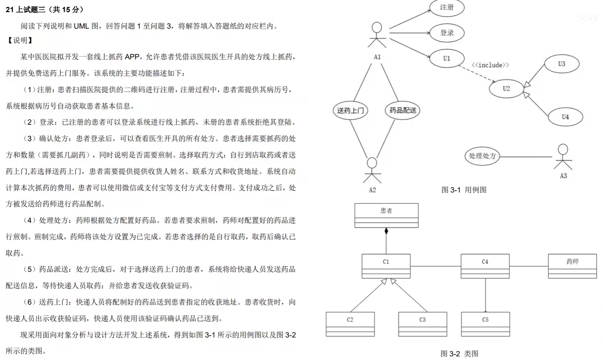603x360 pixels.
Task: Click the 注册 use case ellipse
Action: pyautogui.click(x=447, y=7)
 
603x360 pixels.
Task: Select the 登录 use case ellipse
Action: pyautogui.click(x=447, y=33)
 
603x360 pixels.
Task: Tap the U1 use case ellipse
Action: pyautogui.click(x=447, y=59)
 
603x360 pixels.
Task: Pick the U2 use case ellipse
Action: pyautogui.click(x=506, y=88)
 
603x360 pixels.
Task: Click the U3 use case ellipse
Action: pyautogui.click(x=561, y=64)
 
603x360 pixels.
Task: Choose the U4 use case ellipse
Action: pyautogui.click(x=565, y=117)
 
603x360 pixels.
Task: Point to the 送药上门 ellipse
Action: pyautogui.click(x=350, y=110)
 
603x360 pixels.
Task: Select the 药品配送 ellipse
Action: pyautogui.click(x=403, y=110)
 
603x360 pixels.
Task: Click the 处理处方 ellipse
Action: pyautogui.click(x=482, y=156)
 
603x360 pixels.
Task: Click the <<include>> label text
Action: pyautogui.click(x=490, y=65)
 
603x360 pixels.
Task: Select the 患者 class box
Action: pyautogui.click(x=386, y=215)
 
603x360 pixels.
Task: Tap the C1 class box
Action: pyautogui.click(x=386, y=266)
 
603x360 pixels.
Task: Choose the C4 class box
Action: pyautogui.click(x=485, y=266)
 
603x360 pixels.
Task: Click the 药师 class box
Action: pyautogui.click(x=572, y=266)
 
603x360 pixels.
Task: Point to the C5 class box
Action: pyautogui.click(x=485, y=324)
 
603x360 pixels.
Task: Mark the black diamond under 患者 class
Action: pyautogui.click(x=386, y=232)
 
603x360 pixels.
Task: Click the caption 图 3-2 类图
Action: pyautogui.click(x=459, y=354)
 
